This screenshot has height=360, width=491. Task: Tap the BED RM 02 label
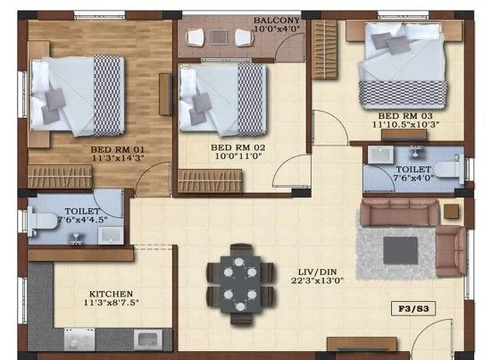pos(234,146)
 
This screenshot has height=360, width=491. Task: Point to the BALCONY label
pos(277,19)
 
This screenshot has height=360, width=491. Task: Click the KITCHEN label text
pos(111,293)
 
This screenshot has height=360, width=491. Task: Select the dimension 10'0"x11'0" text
pos(235,156)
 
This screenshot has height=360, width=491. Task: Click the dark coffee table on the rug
pos(396,247)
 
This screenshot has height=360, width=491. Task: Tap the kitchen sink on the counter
pos(146,340)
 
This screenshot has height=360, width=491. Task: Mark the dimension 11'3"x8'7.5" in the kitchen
pos(112,304)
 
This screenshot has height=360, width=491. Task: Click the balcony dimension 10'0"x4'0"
pos(277,29)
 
